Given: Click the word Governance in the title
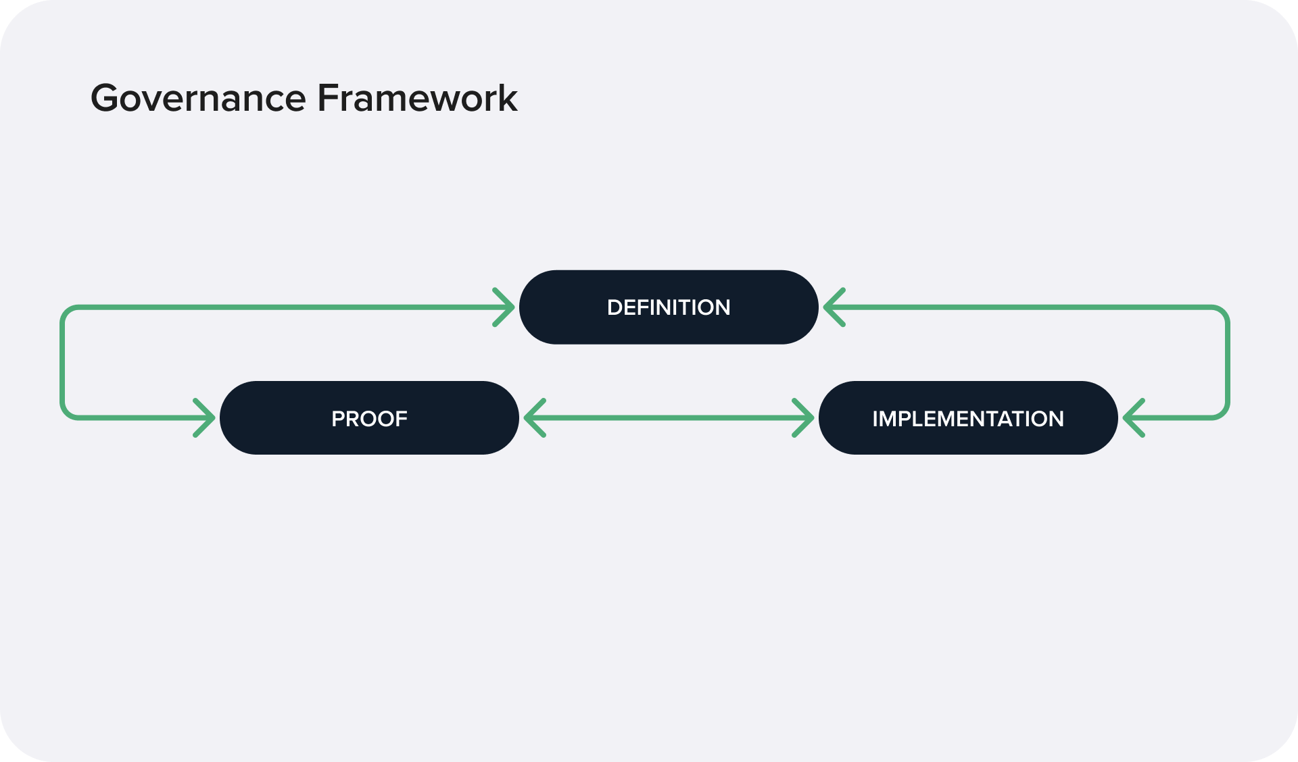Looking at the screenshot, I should click(x=198, y=99).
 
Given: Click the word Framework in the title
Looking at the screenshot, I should click(x=417, y=99).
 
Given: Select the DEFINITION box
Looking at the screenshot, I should click(x=669, y=307).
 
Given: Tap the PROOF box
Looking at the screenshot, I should click(x=369, y=418).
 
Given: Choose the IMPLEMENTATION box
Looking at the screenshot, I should click(x=967, y=418).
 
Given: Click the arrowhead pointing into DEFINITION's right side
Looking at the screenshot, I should click(x=833, y=307).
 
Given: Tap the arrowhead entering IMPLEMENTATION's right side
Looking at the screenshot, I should click(x=1132, y=418).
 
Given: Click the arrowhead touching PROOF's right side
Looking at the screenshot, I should click(x=533, y=418).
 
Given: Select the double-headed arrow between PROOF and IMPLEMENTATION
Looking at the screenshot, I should click(x=669, y=418).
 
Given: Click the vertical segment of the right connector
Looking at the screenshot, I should click(x=1227, y=363).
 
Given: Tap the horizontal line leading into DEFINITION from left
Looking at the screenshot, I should click(x=284, y=307).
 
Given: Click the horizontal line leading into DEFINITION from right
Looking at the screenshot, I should click(x=1028, y=307).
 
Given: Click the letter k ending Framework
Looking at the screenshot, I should click(x=508, y=99).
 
